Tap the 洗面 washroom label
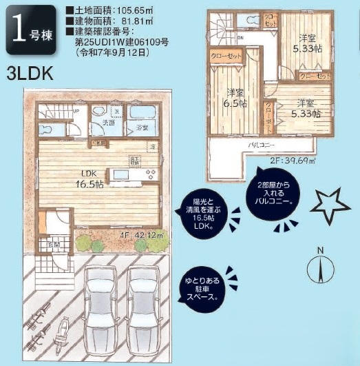coord(109,123)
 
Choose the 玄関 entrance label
coord(53,245)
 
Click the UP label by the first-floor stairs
coord(76,110)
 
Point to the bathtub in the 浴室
coord(142,114)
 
